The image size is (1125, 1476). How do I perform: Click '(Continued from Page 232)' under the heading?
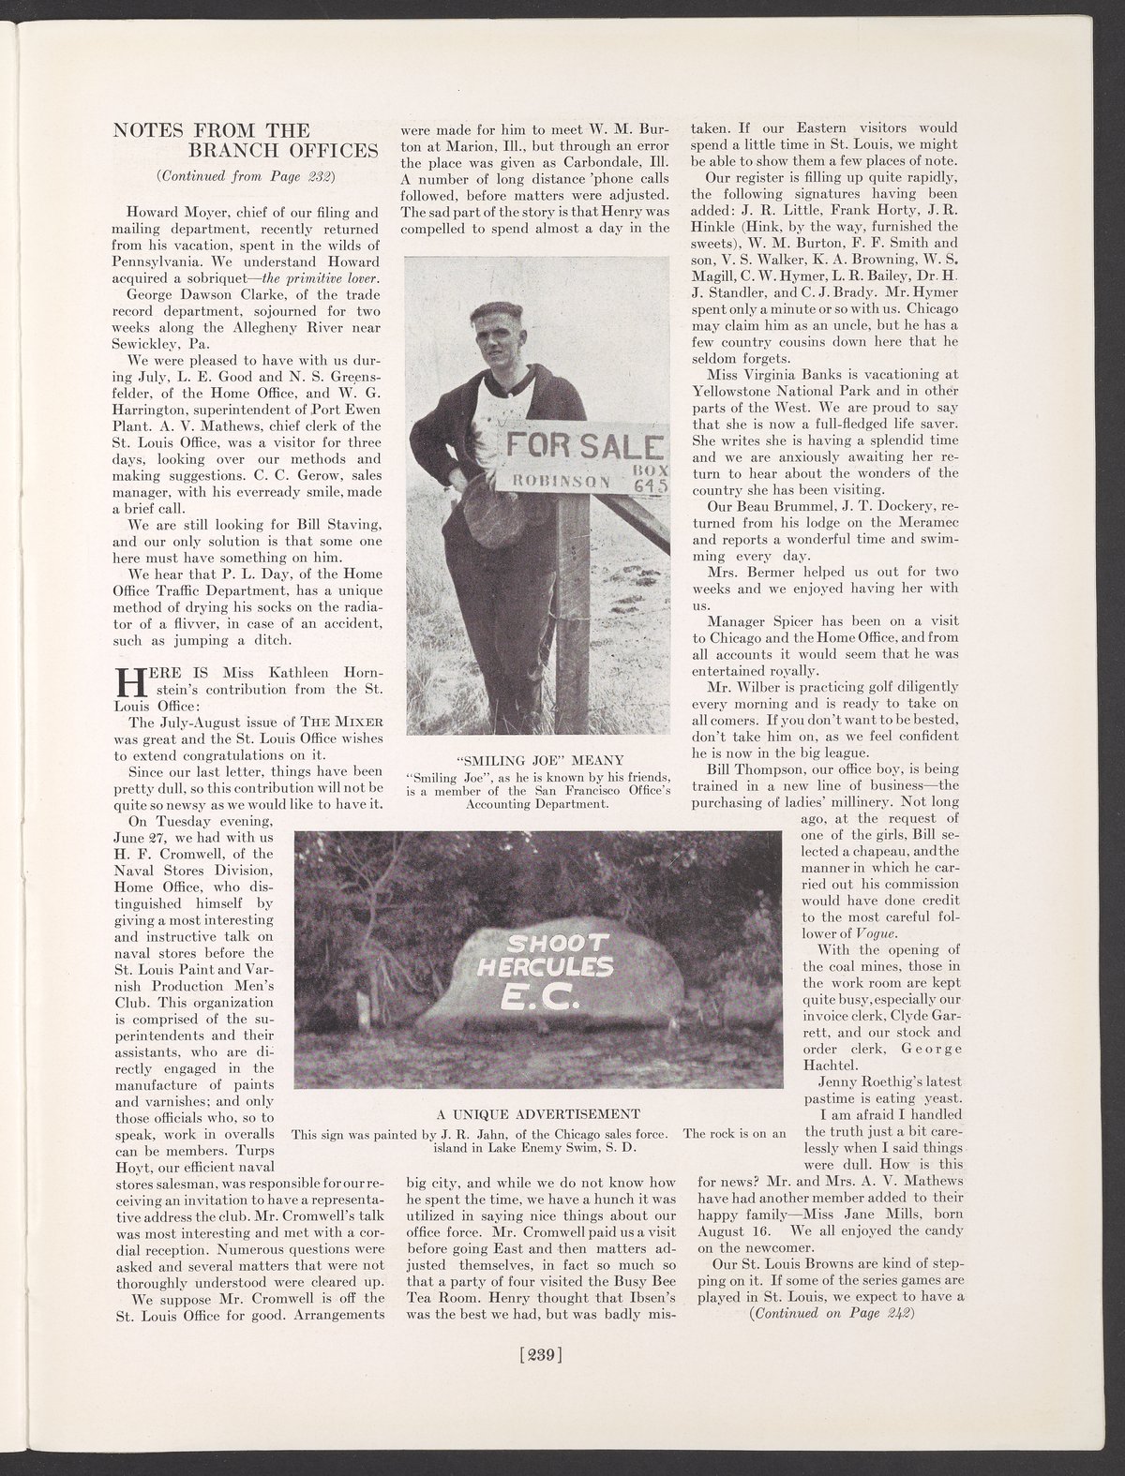click(247, 175)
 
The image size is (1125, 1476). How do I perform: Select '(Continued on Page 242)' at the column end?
click(831, 1312)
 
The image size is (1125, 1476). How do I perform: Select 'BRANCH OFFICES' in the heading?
click(282, 150)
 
